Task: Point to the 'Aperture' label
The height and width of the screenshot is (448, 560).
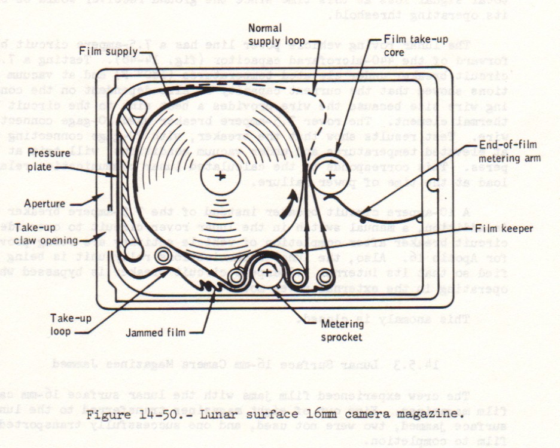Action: point(46,203)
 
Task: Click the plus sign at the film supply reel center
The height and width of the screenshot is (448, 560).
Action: point(221,175)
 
